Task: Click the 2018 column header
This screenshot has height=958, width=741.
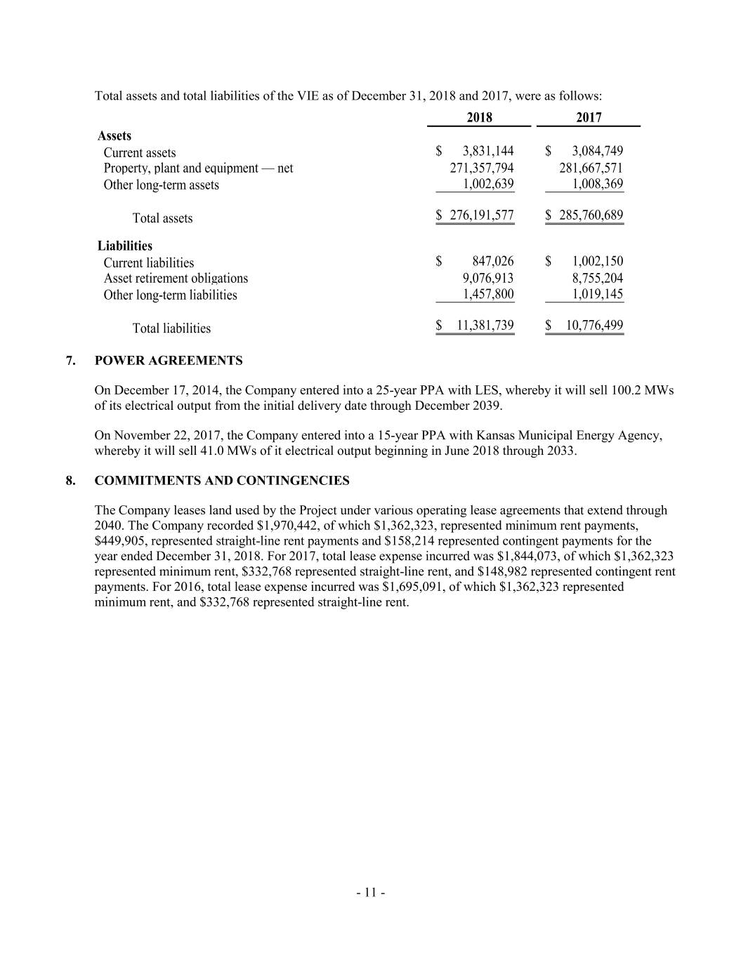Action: pos(479,118)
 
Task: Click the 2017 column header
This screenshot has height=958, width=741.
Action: pos(589,118)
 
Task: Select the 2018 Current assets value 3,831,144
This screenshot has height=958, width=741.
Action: pos(488,151)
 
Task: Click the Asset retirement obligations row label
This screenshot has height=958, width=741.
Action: pos(176,279)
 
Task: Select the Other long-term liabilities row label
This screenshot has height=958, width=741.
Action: pos(170,295)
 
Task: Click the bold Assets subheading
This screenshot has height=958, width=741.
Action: pos(114,136)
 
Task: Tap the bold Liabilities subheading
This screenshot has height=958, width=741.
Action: pos(124,246)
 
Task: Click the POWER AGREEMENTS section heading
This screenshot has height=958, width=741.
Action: pos(169,361)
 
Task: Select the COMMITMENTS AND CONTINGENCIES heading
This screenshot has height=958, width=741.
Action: pos(222,481)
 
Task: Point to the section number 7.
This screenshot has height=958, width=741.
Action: pos(69,361)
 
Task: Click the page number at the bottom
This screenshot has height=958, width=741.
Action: pos(370,893)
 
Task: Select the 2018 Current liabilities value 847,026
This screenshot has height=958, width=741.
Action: pos(493,262)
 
